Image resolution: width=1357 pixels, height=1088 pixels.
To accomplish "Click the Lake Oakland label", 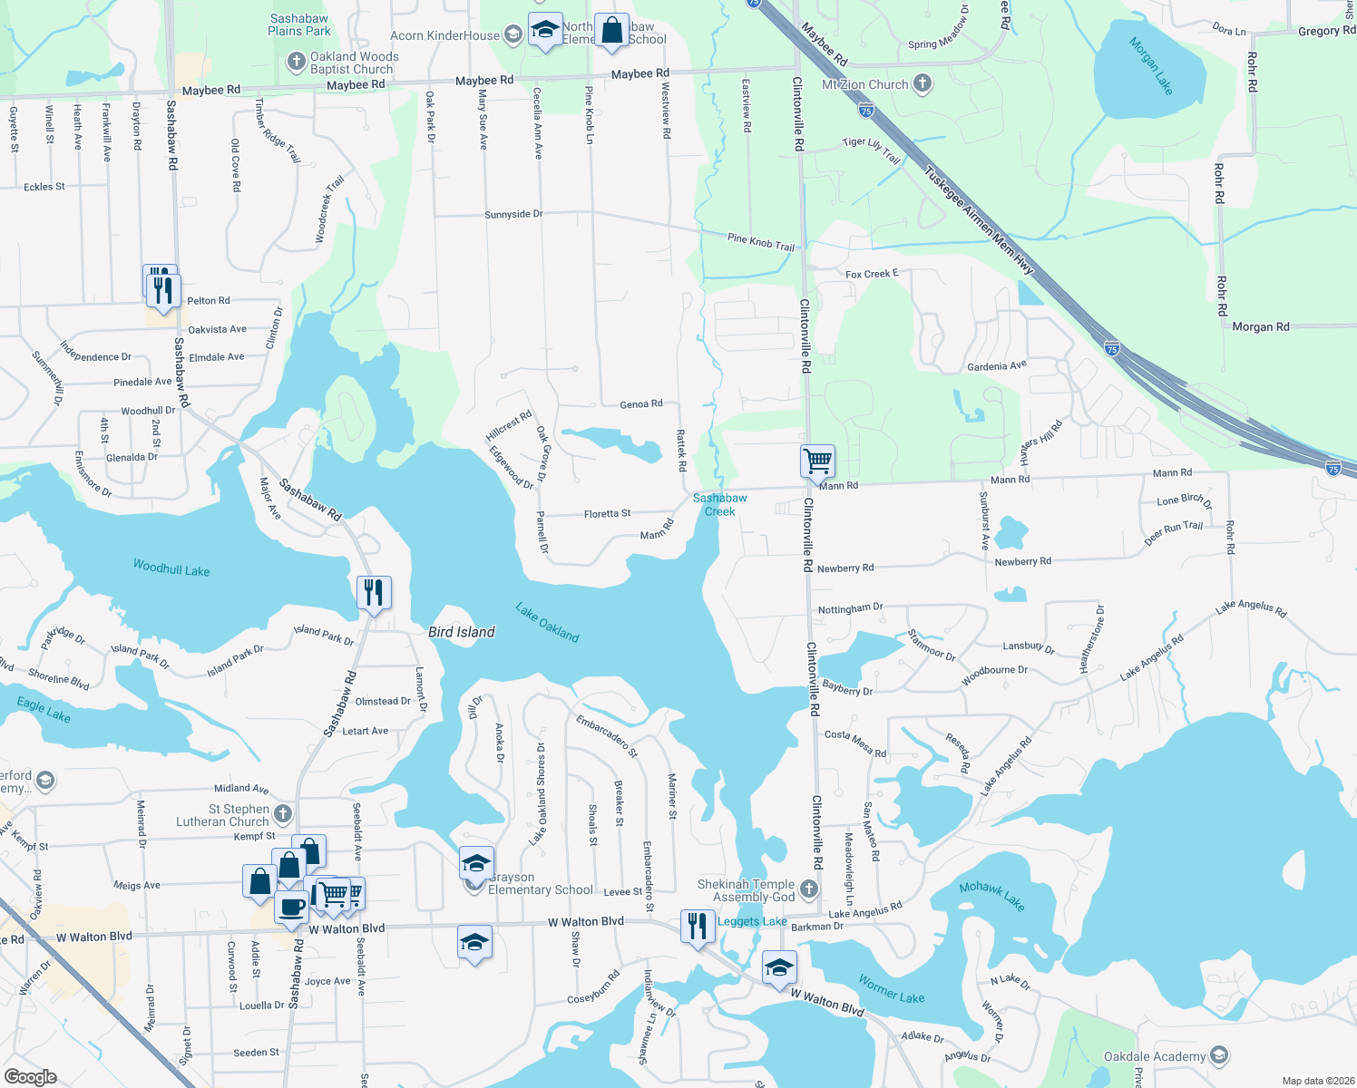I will click(547, 623).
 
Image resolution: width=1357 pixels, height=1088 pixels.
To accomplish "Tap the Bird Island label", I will click(462, 632).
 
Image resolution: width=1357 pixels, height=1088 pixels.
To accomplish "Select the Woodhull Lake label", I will click(171, 568).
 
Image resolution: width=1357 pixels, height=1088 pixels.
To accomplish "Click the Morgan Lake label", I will click(1151, 66).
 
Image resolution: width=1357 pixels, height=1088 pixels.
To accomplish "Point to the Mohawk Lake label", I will click(991, 896).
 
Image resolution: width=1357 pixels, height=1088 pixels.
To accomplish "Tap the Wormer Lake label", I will click(892, 989).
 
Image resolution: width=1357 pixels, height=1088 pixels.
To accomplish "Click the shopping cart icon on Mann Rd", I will click(817, 461).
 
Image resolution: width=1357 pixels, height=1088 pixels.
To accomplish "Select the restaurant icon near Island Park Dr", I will click(374, 593).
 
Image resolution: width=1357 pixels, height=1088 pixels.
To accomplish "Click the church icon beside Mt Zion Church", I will click(923, 84).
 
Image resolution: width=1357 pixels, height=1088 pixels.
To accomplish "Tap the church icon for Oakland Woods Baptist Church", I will click(296, 62).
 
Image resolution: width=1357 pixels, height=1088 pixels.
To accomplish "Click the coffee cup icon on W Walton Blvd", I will click(291, 906).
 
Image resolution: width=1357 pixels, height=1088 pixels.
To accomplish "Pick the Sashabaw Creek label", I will click(720, 505).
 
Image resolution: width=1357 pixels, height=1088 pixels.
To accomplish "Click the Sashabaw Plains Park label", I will click(299, 24).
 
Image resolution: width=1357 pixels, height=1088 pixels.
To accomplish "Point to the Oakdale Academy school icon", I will click(1219, 1055).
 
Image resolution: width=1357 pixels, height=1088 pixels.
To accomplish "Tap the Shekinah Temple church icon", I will click(809, 889).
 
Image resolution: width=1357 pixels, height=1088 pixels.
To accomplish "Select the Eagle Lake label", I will click(44, 709).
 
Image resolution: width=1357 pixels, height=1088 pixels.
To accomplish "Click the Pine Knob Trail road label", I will click(761, 242).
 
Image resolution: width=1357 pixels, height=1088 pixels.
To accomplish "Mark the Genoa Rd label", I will click(641, 403).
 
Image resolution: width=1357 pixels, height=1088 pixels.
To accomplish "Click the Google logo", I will click(31, 1076).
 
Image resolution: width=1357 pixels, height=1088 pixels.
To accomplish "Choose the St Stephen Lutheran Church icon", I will click(283, 814).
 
